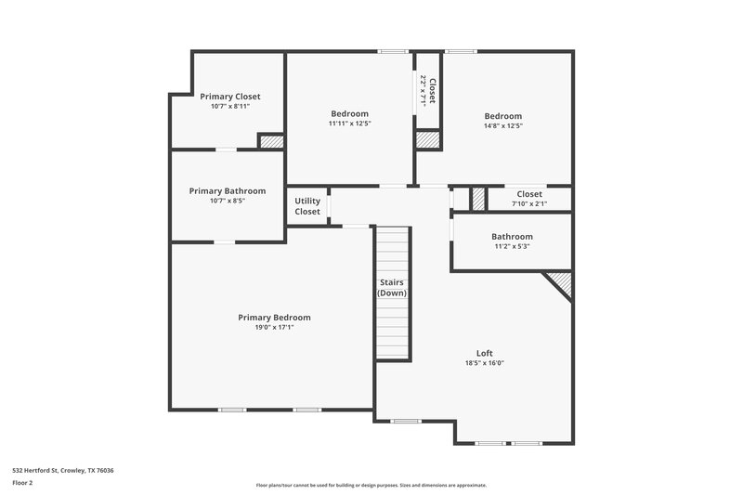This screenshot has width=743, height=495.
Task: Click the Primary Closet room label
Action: tap(229, 97)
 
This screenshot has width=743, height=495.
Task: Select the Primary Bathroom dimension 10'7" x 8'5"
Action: tap(228, 201)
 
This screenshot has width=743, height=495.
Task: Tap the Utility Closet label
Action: tap(307, 206)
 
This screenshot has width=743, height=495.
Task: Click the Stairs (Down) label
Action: tap(392, 287)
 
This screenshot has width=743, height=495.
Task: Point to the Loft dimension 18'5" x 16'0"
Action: tap(484, 363)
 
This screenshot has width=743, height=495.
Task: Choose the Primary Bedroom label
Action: tap(274, 318)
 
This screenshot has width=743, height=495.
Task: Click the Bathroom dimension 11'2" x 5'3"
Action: tap(512, 247)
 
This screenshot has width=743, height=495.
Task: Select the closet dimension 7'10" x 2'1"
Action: tap(529, 204)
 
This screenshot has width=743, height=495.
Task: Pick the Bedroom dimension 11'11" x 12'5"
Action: tap(348, 124)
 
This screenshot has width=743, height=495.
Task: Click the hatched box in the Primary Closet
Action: tap(270, 142)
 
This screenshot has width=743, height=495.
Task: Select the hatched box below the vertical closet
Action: tap(426, 139)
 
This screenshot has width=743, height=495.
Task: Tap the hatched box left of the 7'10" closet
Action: tap(477, 199)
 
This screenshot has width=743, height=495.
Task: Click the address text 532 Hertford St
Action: tap(64, 470)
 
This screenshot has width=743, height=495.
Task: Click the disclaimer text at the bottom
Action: tap(371, 485)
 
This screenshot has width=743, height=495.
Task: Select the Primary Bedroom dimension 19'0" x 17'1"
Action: tap(274, 327)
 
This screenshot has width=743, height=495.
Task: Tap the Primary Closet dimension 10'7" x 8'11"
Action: tap(229, 106)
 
